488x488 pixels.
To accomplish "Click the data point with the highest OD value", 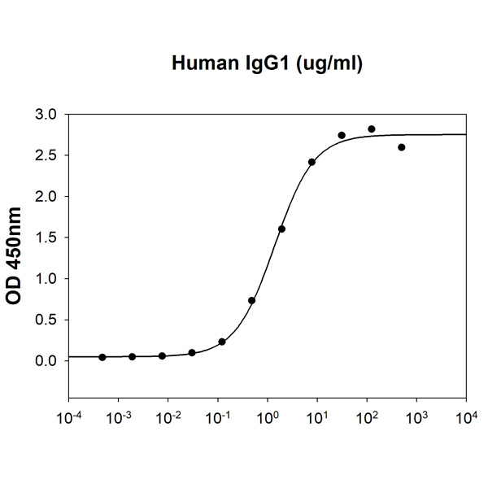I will click(x=372, y=129).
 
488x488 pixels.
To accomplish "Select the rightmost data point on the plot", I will click(x=402, y=147).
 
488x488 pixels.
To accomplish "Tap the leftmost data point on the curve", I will click(x=102, y=357).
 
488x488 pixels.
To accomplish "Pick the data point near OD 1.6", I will click(x=281, y=229).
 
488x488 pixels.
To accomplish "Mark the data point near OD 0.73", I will click(x=252, y=301).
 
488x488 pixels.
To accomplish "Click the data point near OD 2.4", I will click(x=312, y=163).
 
